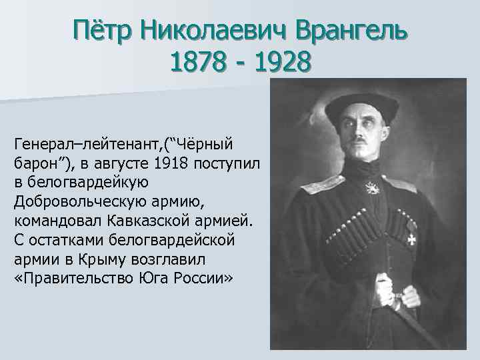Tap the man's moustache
tap(359, 140)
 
